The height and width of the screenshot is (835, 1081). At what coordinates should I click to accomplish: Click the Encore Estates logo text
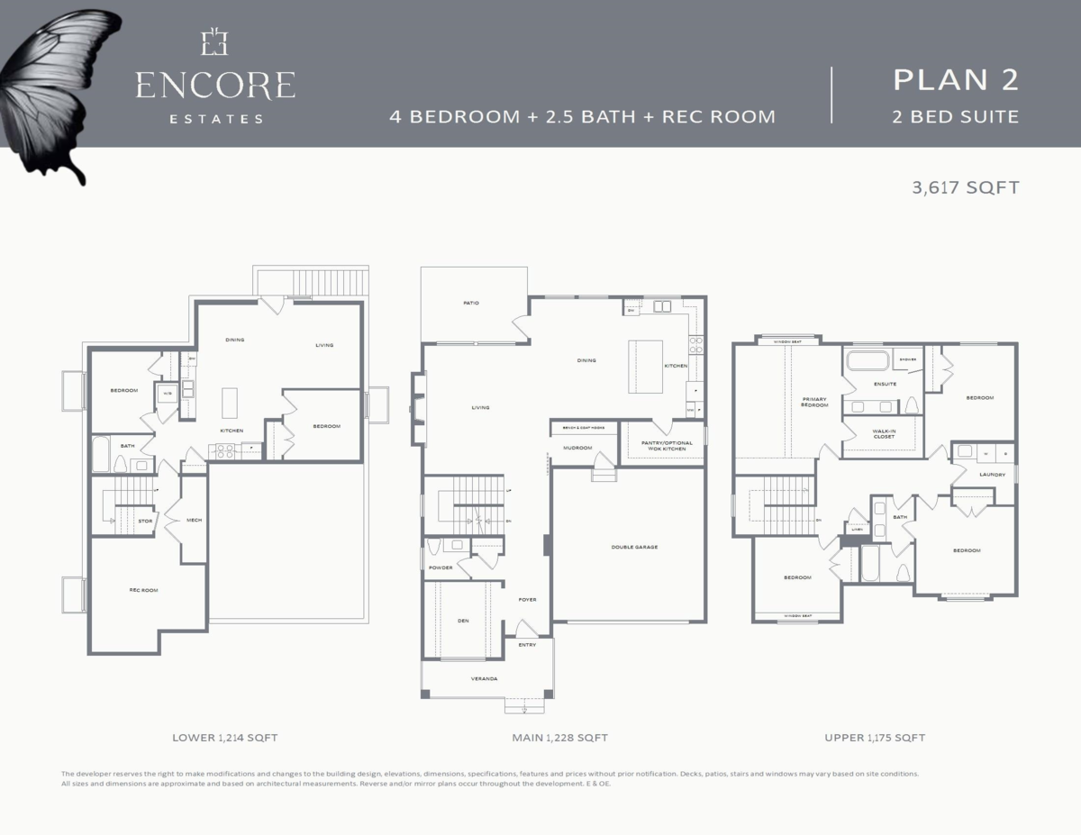point(215,86)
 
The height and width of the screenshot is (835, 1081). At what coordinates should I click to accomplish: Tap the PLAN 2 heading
point(955,79)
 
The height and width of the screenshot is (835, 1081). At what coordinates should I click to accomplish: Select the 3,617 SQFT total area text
point(965,188)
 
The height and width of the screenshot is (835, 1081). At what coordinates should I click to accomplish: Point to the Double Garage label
point(628,547)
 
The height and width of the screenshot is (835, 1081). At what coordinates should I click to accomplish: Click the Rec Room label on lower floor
point(143,590)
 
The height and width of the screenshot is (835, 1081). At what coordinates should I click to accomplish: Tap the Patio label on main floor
point(471,303)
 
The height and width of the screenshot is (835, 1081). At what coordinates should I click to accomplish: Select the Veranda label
point(485,678)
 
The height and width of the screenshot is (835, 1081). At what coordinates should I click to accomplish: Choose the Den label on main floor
point(463,621)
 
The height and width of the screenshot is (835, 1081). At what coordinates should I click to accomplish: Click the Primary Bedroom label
point(813,402)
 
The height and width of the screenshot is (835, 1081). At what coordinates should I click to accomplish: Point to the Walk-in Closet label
point(884,434)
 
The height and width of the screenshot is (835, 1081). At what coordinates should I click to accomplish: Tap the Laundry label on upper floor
point(992,474)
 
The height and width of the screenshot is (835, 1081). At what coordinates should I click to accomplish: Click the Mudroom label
point(577,448)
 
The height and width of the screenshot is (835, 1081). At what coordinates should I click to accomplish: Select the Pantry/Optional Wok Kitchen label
point(667,446)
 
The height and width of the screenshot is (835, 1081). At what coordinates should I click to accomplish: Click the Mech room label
point(194,520)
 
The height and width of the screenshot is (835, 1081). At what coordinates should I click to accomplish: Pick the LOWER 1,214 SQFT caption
point(224,738)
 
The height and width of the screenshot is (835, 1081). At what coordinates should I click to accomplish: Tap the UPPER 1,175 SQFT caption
point(875,738)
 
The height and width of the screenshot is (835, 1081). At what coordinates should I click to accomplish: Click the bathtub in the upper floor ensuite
point(867,362)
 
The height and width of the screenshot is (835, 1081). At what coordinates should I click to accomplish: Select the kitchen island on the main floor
point(645,366)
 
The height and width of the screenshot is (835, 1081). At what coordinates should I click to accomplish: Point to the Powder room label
point(441,567)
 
